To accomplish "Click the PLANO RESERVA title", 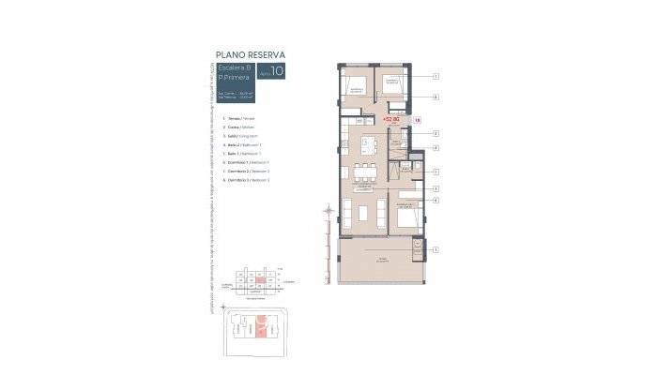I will pyautogui.click(x=251, y=53).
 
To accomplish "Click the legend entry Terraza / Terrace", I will pyautogui.click(x=240, y=119).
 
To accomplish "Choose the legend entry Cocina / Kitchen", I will pyautogui.click(x=240, y=128).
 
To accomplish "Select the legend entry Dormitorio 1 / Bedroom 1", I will pyautogui.click(x=248, y=163).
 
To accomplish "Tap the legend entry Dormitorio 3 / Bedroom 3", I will pyautogui.click(x=248, y=180).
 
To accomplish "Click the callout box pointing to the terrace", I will pyautogui.click(x=435, y=248).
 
